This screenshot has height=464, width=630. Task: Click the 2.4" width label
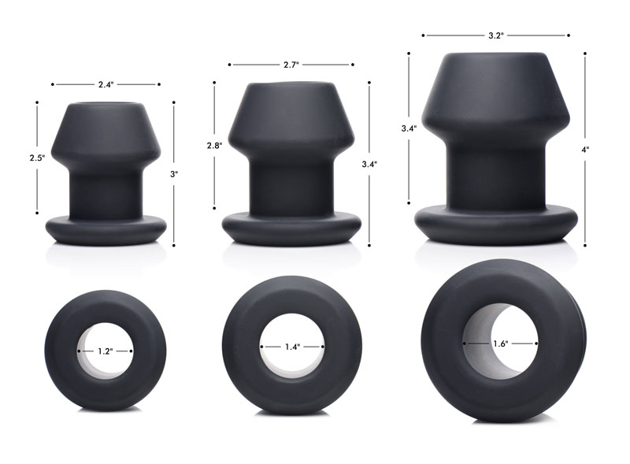tap(106, 84)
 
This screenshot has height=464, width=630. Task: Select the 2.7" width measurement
tap(291, 65)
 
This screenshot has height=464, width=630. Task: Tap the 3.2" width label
tap(495, 35)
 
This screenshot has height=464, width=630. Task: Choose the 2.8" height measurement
tap(213, 146)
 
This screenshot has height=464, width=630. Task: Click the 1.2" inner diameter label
tap(106, 351)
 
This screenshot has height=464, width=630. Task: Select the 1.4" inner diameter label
tap(292, 346)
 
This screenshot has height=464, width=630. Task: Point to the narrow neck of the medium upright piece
tap(291, 185)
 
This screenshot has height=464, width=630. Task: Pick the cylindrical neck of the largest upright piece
tap(495, 173)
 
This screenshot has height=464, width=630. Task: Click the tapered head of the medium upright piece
tap(291, 118)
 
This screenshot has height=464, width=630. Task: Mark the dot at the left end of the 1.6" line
tap(465, 343)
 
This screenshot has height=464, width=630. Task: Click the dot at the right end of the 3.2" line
tap(567, 35)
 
